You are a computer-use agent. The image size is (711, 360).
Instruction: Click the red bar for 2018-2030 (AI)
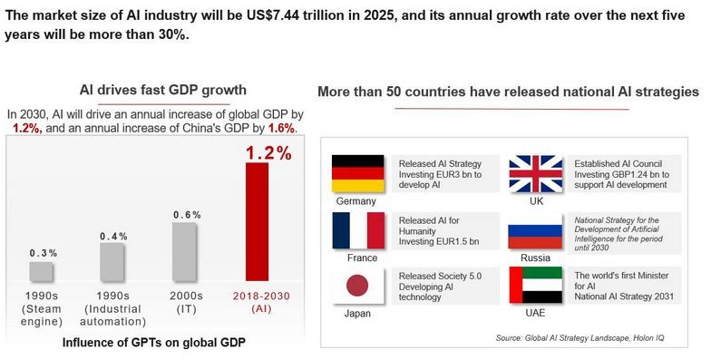click(x=258, y=221)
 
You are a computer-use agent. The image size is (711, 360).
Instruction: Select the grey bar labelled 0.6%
click(x=184, y=252)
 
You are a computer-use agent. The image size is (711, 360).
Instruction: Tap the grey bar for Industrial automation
click(x=112, y=262)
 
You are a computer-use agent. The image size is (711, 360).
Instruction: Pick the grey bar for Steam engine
click(x=42, y=271)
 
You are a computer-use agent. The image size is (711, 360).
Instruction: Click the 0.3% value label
click(x=44, y=253)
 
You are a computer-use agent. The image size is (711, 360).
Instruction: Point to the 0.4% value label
click(x=114, y=236)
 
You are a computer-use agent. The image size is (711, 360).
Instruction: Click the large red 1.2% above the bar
click(x=268, y=153)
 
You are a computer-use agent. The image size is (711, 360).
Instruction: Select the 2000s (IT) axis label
click(x=187, y=303)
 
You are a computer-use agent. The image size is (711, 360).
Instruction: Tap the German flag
click(x=357, y=173)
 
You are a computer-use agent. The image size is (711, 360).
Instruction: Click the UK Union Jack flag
click(x=535, y=174)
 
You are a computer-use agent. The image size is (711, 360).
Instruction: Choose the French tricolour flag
click(x=358, y=230)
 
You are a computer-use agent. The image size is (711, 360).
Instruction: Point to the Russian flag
click(x=535, y=230)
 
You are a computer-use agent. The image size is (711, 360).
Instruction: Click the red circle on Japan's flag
click(x=357, y=286)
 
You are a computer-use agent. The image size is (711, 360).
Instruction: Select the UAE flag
click(x=535, y=285)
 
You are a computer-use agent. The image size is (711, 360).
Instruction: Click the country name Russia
click(x=535, y=258)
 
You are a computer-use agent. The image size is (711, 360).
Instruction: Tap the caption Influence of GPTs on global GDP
click(x=154, y=343)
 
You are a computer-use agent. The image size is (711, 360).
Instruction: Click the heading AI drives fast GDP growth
click(x=163, y=90)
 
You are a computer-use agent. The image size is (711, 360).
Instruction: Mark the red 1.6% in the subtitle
click(x=281, y=129)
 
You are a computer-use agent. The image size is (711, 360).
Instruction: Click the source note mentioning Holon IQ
click(x=580, y=337)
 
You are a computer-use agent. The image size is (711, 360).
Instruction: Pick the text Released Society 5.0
click(x=440, y=276)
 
